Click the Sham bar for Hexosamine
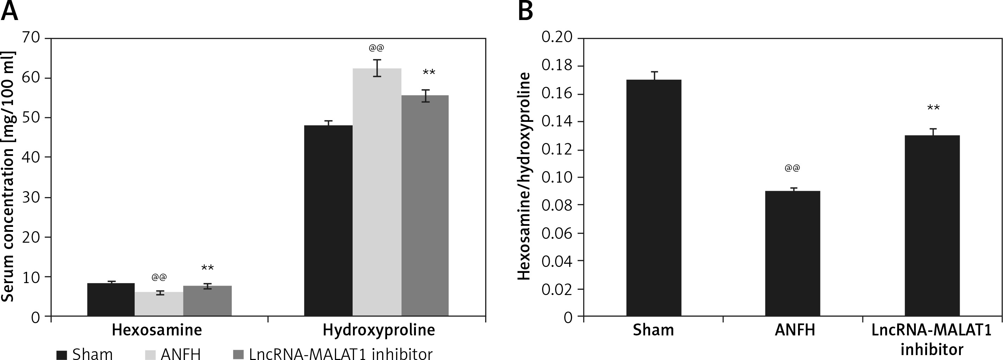(111, 299)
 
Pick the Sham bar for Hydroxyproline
(328, 220)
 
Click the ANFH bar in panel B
(792, 253)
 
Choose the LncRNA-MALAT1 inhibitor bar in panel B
(932, 225)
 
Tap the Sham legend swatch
(62, 354)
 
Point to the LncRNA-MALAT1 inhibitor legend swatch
(238, 354)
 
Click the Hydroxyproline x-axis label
(379, 330)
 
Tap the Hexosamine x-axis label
(157, 330)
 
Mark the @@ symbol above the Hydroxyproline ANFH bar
(377, 48)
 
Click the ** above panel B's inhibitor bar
(933, 108)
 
